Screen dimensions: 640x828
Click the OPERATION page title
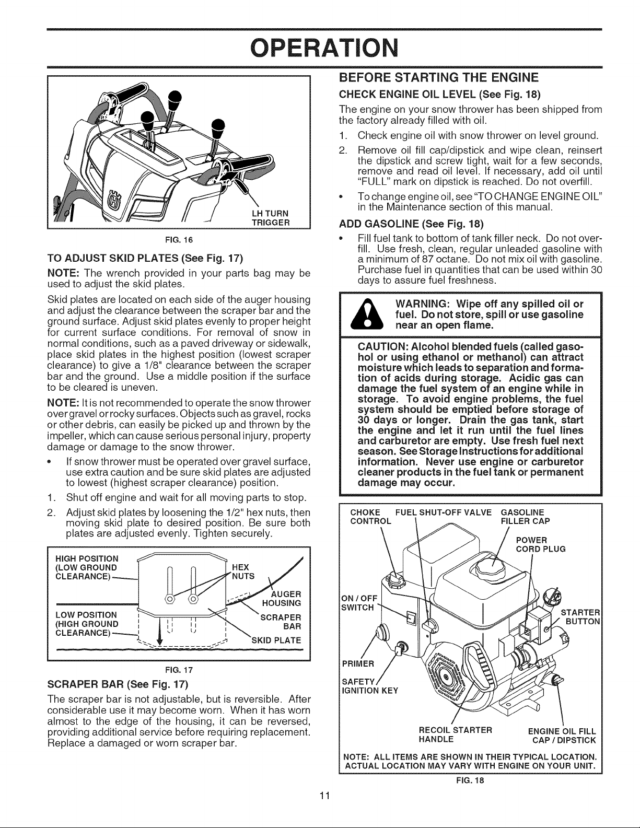click(324, 49)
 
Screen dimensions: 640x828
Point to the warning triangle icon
click(367, 314)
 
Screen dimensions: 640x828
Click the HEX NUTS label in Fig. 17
click(243, 572)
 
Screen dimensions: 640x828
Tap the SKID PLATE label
click(276, 640)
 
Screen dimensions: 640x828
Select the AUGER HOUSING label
click(282, 599)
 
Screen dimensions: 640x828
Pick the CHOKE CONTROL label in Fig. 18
click(370, 517)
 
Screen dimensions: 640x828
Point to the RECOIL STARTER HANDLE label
click(455, 734)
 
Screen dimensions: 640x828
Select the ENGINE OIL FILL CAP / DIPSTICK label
click(562, 736)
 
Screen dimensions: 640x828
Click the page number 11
click(324, 796)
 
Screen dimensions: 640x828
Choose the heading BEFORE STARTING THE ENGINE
click(438, 78)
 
